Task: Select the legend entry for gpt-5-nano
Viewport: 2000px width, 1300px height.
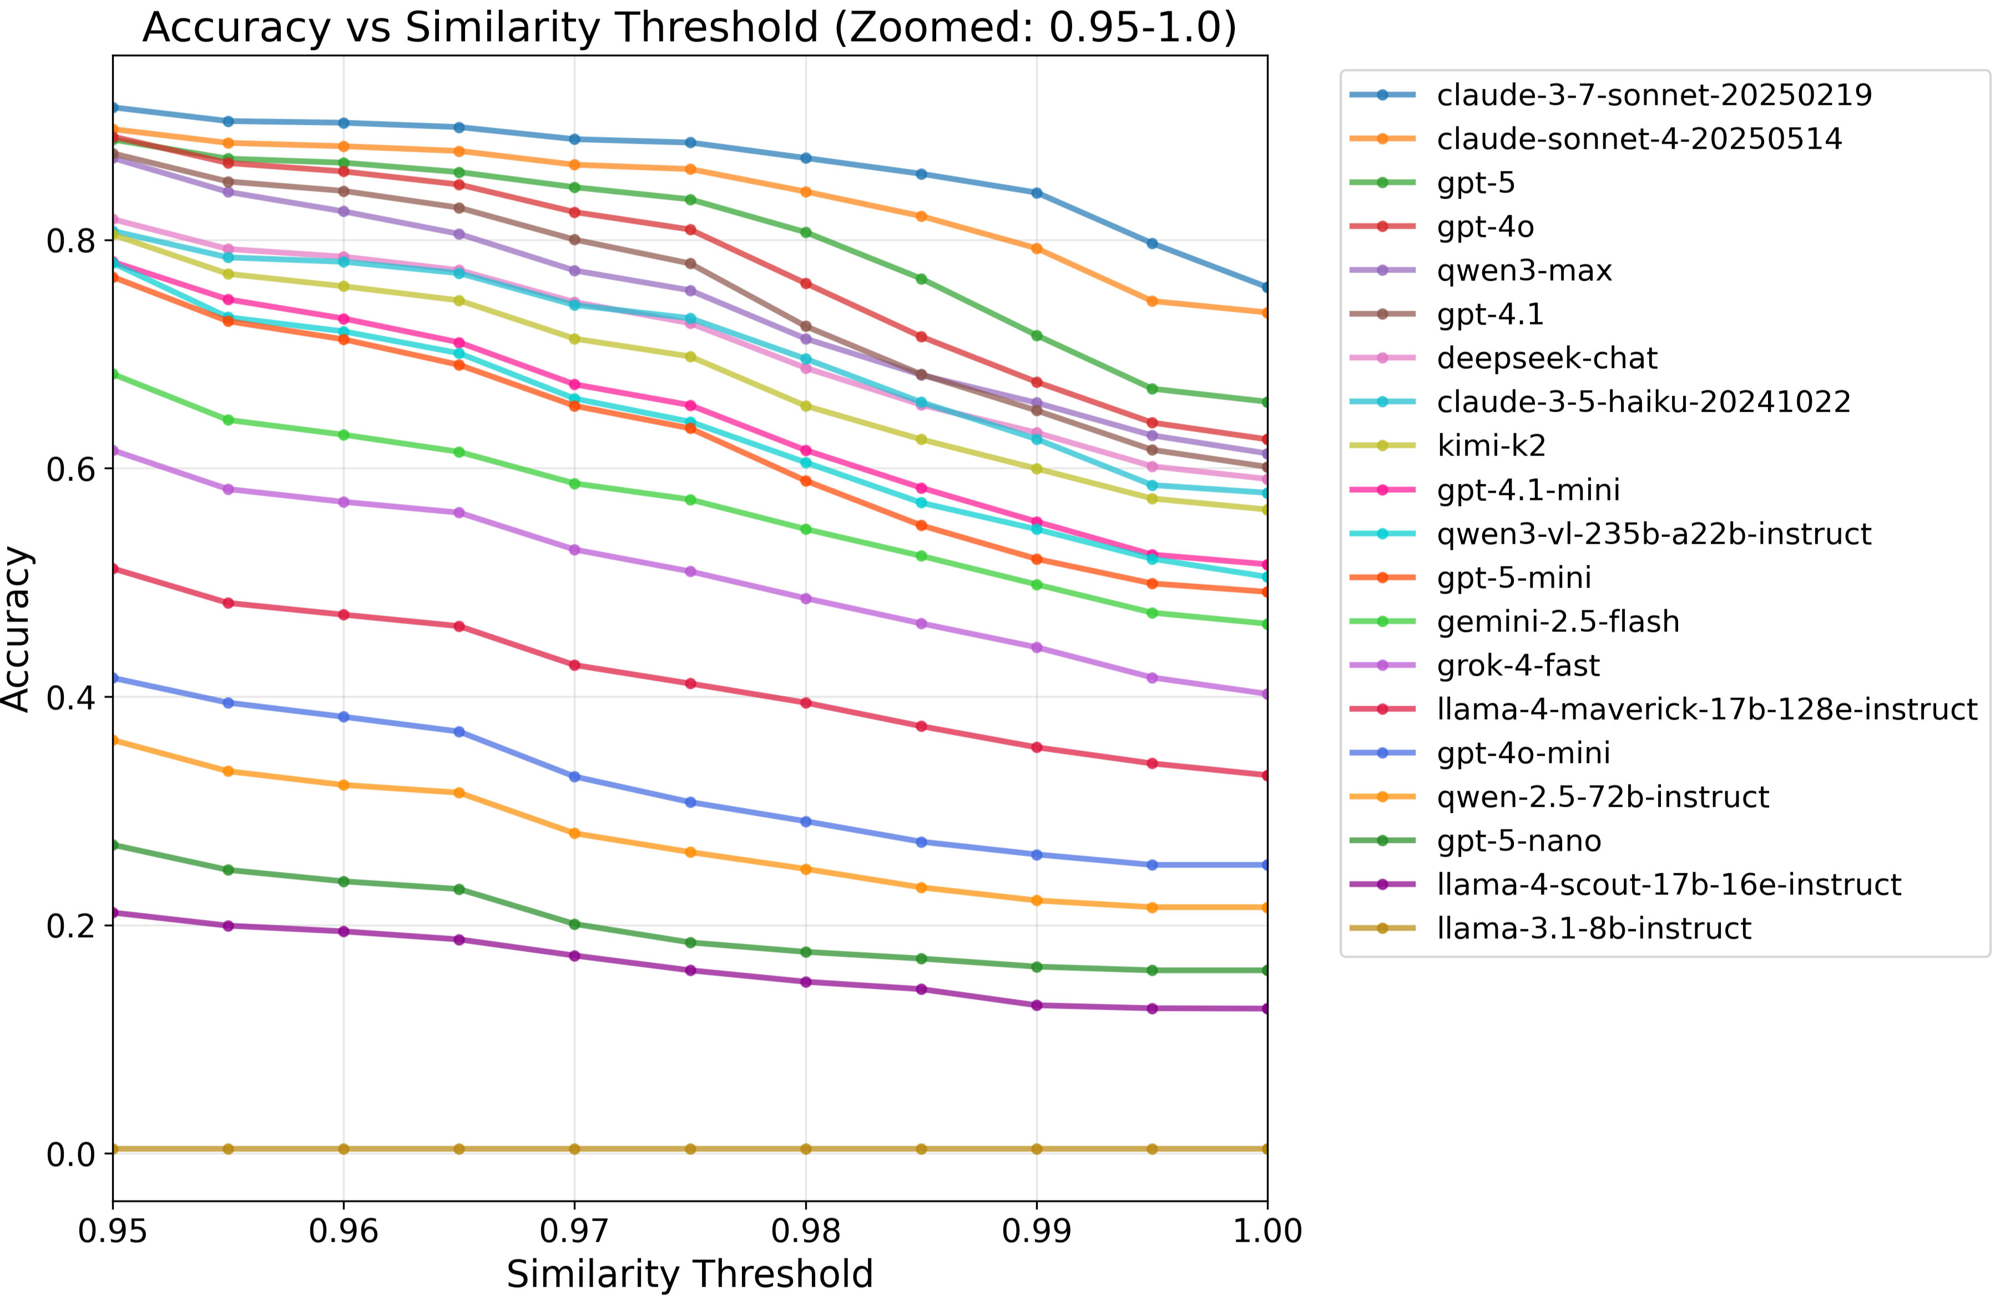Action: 1518,841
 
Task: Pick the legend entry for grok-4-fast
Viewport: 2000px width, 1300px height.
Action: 1518,666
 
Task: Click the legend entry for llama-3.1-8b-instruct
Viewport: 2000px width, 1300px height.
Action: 1593,929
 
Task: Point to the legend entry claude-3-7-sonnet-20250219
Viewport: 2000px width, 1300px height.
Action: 1654,95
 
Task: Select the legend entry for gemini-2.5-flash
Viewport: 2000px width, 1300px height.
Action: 1557,622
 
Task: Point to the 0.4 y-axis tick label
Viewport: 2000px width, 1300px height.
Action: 72,697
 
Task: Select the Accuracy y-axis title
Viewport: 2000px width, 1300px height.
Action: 17,629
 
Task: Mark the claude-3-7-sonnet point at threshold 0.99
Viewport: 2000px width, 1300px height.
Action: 1036,193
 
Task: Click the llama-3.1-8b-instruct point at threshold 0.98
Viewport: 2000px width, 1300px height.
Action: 806,1149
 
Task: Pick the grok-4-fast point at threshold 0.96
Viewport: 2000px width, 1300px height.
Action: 343,502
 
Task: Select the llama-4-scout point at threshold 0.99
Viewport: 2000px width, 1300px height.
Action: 1036,1005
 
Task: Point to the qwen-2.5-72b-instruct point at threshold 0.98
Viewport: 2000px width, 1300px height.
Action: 806,869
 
